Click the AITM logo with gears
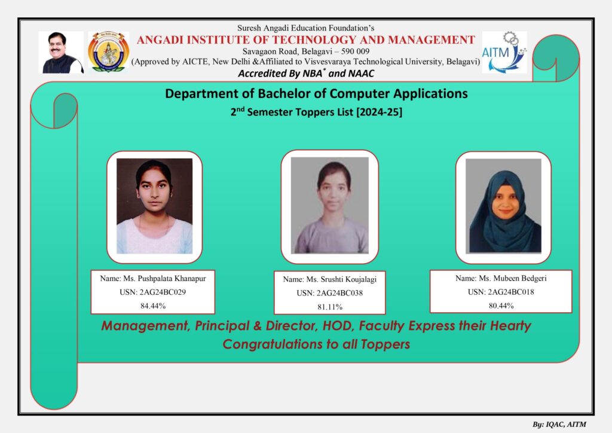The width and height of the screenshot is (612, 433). click(x=504, y=52)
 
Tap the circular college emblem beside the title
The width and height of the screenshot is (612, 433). click(x=109, y=52)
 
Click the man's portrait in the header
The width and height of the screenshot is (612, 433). click(x=62, y=52)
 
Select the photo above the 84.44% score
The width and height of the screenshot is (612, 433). click(x=155, y=206)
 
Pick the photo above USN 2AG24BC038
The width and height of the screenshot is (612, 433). click(x=330, y=205)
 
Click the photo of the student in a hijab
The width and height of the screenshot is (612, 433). click(x=503, y=205)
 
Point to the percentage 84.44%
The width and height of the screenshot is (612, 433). click(x=153, y=306)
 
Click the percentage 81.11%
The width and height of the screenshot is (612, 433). click(x=330, y=307)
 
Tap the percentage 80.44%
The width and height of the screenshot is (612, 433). click(x=501, y=306)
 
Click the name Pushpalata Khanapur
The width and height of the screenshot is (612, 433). click(x=172, y=278)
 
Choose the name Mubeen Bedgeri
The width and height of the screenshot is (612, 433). click(x=520, y=278)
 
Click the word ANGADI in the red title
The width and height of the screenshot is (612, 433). click(x=160, y=40)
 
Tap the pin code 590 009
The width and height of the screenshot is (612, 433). click(x=355, y=51)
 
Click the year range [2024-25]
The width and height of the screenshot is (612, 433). click(x=378, y=112)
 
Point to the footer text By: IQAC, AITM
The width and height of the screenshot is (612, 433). click(x=559, y=425)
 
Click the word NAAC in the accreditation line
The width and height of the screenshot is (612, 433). click(x=362, y=74)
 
